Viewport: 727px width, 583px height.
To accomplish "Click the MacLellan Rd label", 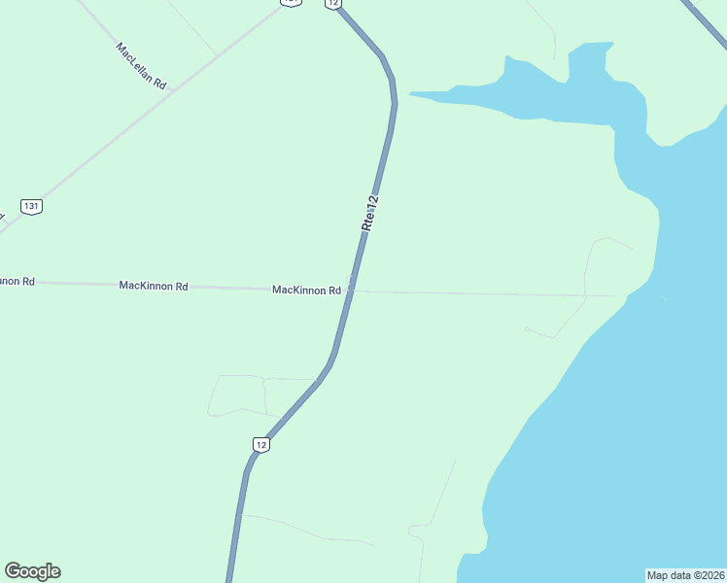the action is tap(141, 66).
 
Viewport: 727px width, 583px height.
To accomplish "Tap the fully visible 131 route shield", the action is tap(32, 206).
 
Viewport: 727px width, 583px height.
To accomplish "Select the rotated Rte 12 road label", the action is tap(369, 213).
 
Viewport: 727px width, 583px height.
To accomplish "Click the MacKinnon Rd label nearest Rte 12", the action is tap(306, 290).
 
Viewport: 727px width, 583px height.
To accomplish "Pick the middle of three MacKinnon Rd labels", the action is tap(153, 286).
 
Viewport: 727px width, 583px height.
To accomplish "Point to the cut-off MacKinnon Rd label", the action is tap(17, 281).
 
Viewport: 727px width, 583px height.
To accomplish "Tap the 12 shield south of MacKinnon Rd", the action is tap(260, 444).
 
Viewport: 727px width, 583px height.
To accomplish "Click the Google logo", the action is tap(33, 571).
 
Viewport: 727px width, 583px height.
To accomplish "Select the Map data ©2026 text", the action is tap(685, 574).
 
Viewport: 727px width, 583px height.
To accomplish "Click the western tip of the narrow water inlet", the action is tap(411, 94).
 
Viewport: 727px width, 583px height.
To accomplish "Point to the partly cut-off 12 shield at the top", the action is tap(333, 4).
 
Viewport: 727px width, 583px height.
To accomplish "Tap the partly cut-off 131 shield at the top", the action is tap(292, 3).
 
